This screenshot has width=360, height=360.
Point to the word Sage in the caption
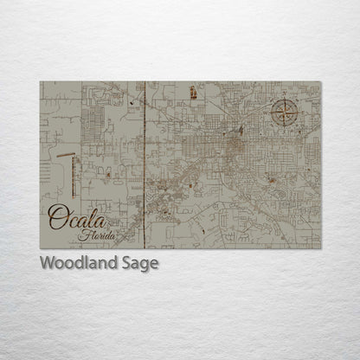[x=139, y=263]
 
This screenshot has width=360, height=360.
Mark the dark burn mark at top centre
[x=193, y=93]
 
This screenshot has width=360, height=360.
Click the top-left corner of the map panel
[x=40, y=81]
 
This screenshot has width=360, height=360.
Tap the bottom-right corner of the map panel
[x=321, y=248]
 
